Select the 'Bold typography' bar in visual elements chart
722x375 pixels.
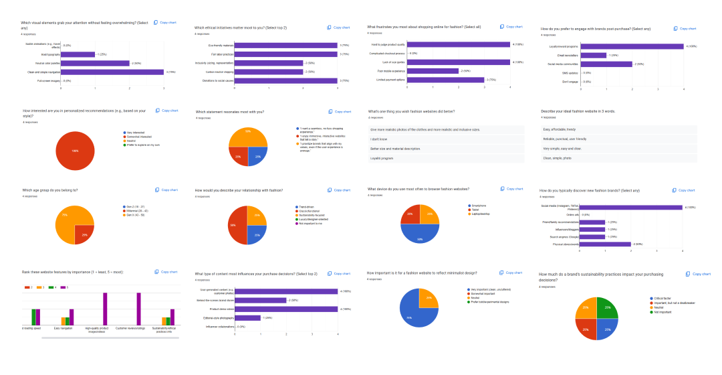78,54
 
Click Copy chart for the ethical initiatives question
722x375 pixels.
338,27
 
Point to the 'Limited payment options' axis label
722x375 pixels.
390,80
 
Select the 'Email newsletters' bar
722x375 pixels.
593,55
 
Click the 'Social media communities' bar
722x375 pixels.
606,64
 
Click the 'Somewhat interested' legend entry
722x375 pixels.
140,137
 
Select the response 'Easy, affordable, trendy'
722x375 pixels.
559,129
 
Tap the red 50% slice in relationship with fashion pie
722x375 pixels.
238,224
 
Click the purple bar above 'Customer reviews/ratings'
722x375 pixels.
138,309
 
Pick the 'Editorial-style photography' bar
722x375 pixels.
247,317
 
